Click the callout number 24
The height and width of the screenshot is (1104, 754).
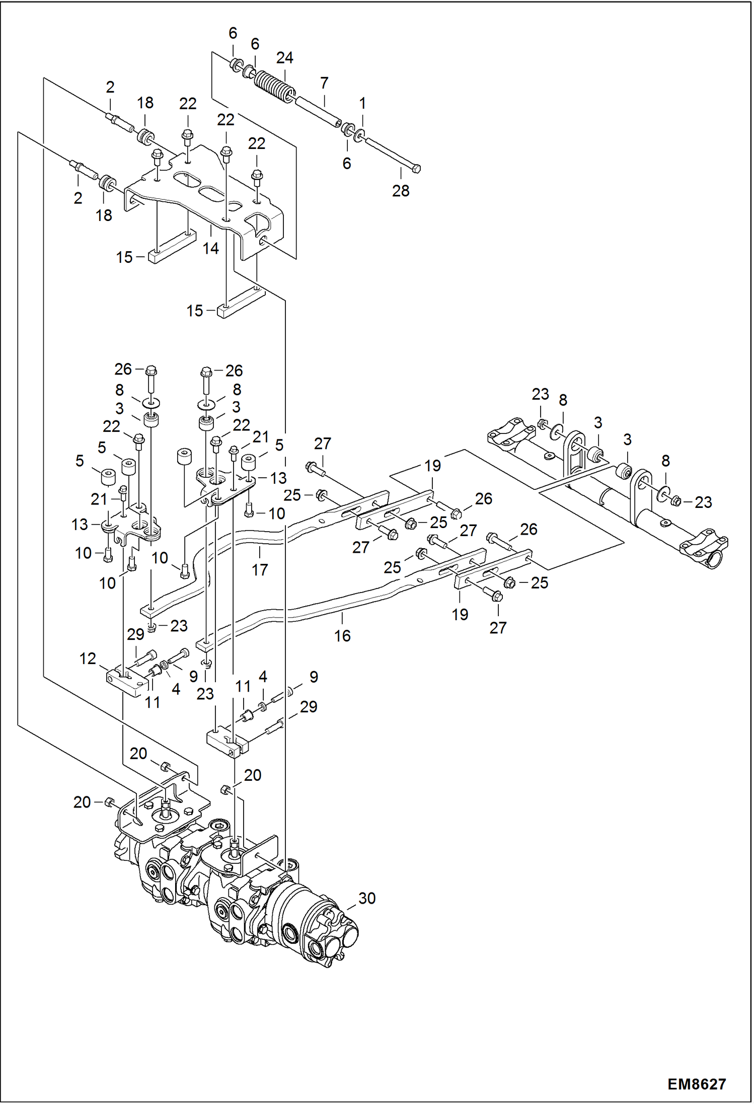tap(284, 58)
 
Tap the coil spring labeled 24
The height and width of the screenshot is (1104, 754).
tap(273, 86)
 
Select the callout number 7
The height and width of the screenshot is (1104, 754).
tap(324, 83)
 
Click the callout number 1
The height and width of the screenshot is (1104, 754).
tap(362, 103)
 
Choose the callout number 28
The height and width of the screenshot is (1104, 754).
tap(401, 191)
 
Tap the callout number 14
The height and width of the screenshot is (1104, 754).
tap(211, 248)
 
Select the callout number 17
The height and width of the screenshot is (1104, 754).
tap(260, 570)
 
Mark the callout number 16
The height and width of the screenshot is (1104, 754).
tap(342, 636)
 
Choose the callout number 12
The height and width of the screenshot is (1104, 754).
tap(88, 658)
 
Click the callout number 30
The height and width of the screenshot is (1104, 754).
tap(367, 898)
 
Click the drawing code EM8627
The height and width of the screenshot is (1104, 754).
tap(697, 1084)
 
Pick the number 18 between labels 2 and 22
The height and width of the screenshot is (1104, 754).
tap(145, 103)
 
